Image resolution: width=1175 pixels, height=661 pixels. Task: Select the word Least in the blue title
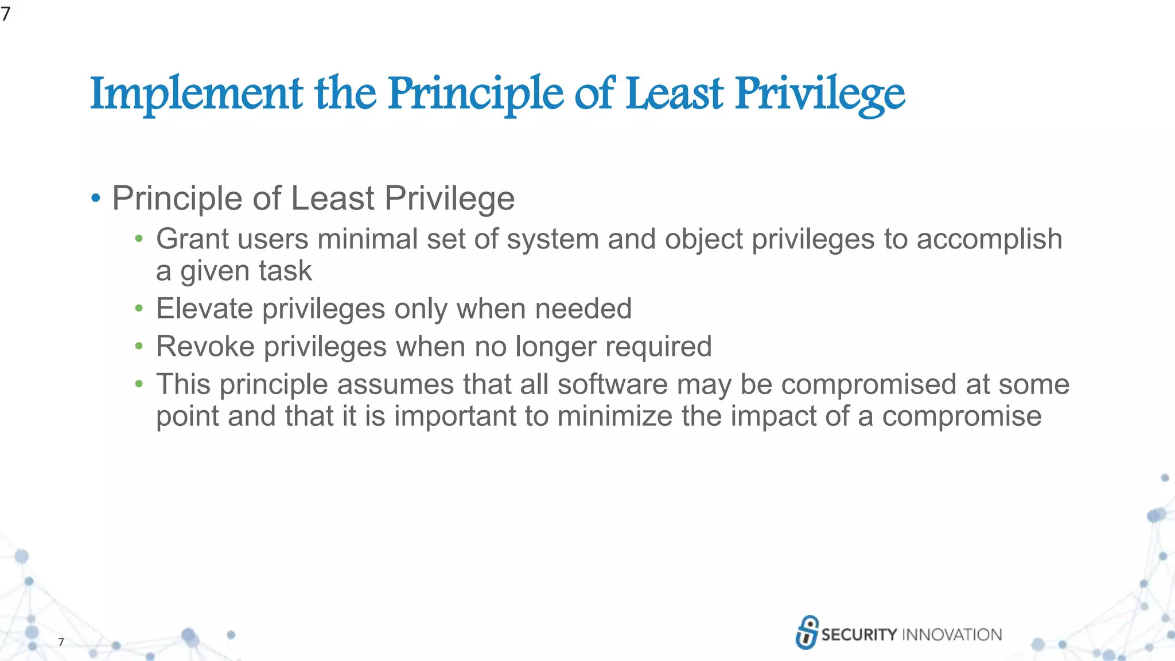(x=674, y=94)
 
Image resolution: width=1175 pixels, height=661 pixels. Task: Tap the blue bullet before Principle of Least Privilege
(x=96, y=199)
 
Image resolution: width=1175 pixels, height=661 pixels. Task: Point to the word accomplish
(x=989, y=240)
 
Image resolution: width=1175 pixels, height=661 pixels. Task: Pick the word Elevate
(x=204, y=309)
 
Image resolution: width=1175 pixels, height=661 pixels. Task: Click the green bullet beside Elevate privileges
(x=139, y=309)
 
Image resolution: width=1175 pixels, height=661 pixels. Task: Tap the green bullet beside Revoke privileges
(x=139, y=347)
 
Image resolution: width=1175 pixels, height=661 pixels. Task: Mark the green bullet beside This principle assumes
(x=139, y=384)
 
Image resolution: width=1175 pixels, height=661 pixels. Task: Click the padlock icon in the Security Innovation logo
(x=807, y=632)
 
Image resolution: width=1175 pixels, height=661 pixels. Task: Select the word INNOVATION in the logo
(x=952, y=635)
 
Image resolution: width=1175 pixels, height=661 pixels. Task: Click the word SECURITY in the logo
(x=859, y=635)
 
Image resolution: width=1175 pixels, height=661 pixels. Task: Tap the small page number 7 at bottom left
(x=61, y=642)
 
